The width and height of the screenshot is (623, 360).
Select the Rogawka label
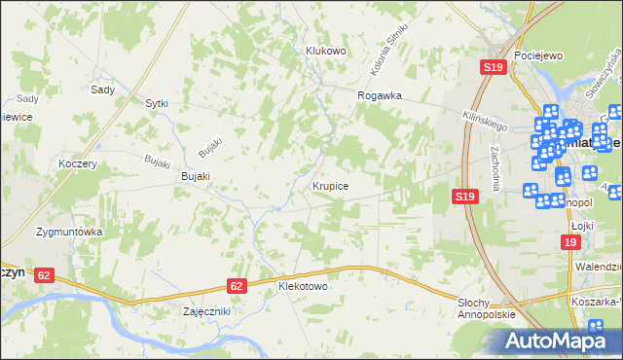click(x=380, y=95)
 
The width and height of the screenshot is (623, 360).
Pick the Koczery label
click(x=77, y=164)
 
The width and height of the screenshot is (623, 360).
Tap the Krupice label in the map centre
click(x=331, y=184)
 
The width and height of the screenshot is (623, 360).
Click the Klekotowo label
click(x=303, y=288)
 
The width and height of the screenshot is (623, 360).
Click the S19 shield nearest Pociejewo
click(x=494, y=67)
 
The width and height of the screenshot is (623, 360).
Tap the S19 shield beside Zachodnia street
click(x=464, y=197)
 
